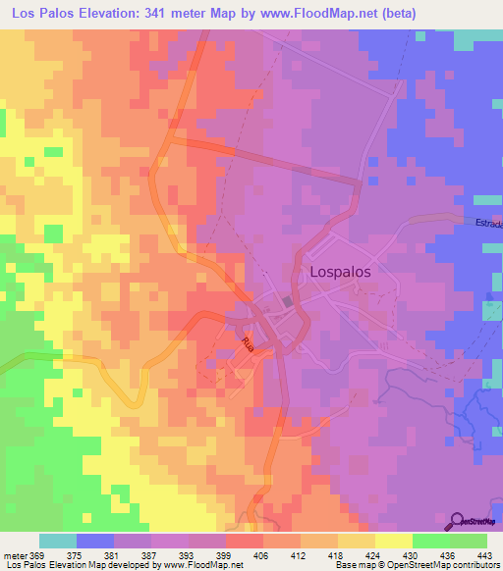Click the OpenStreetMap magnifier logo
[458, 520]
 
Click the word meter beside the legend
[15, 555]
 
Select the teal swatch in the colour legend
[58, 541]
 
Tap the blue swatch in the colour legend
[95, 541]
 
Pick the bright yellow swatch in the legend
[394, 541]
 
